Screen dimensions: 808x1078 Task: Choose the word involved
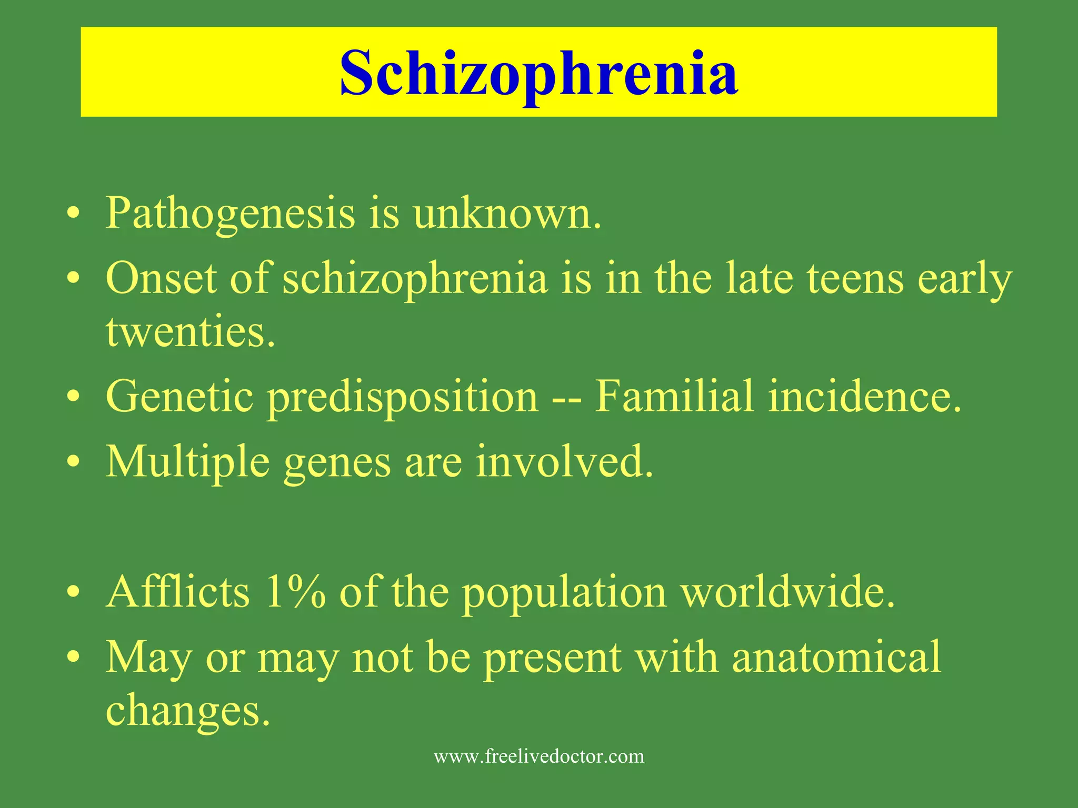(564, 461)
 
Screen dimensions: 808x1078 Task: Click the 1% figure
(295, 592)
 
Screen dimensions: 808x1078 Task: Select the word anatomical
(836, 657)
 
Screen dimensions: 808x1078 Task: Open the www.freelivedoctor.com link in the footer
(539, 756)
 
